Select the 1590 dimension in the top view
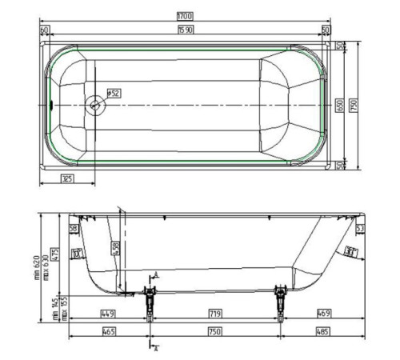(x=186, y=30)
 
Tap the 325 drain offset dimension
(x=66, y=178)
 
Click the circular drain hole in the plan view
(x=97, y=104)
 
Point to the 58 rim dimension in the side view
(x=74, y=229)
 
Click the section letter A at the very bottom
(x=156, y=350)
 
